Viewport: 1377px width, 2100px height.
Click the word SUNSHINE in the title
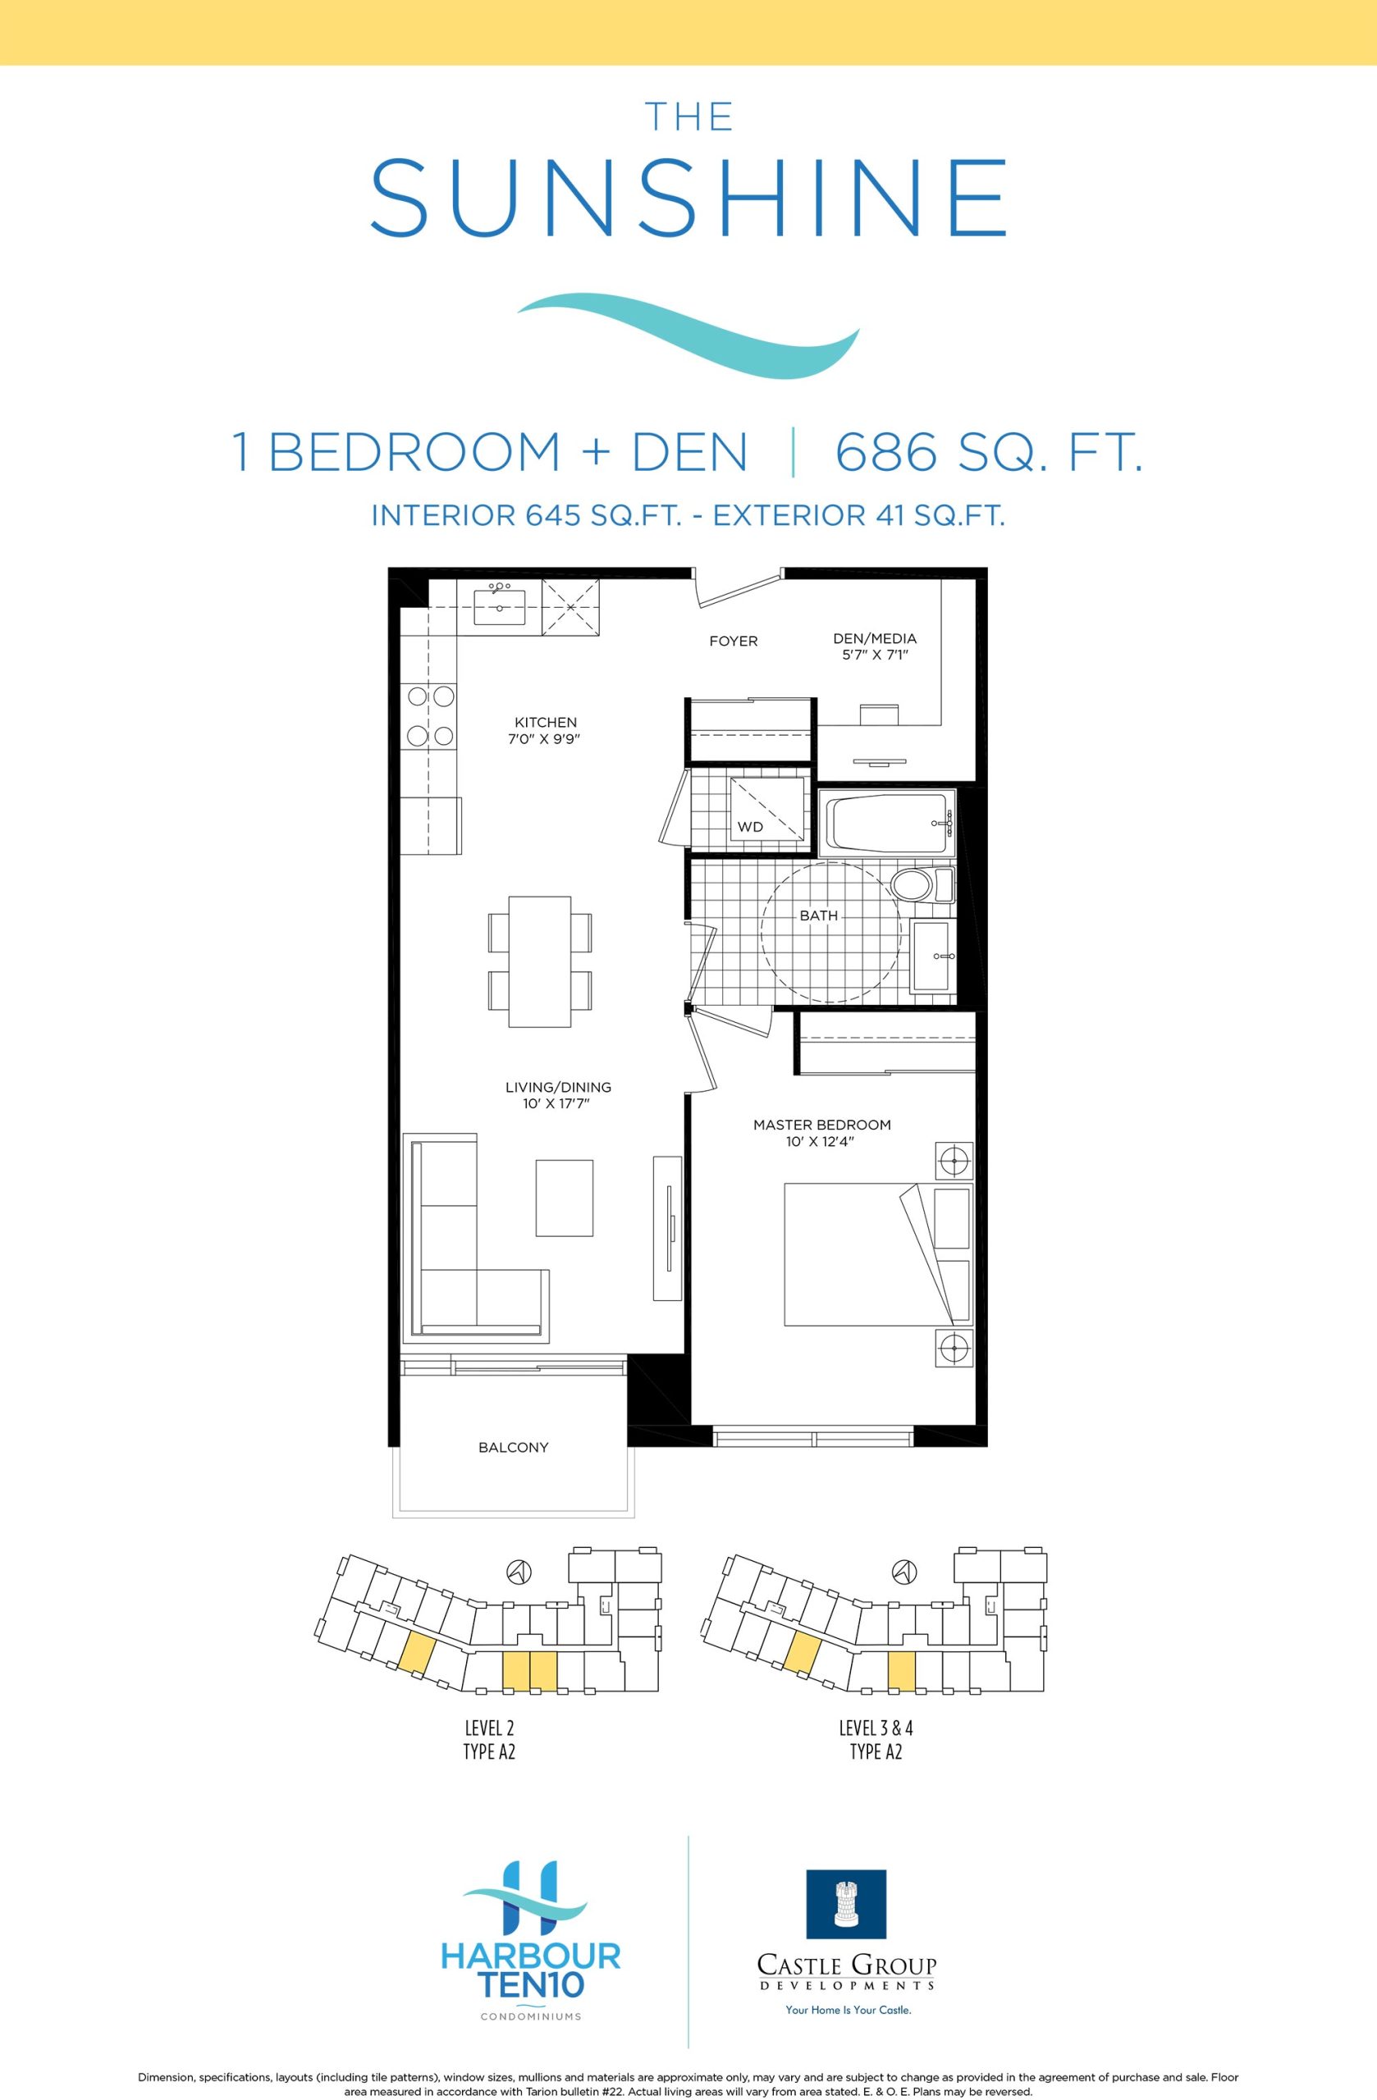[688, 197]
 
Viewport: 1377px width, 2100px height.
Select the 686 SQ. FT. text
[989, 451]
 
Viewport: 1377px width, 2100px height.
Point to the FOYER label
[734, 641]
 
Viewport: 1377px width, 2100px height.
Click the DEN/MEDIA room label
[875, 638]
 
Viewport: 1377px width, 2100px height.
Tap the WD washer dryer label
[750, 827]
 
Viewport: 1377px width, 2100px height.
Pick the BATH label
[818, 915]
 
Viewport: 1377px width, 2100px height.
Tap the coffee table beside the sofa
[564, 1198]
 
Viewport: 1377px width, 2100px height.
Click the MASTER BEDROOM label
[821, 1125]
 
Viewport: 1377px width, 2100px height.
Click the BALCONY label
[513, 1447]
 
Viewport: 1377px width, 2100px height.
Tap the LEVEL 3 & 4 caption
[876, 1727]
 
